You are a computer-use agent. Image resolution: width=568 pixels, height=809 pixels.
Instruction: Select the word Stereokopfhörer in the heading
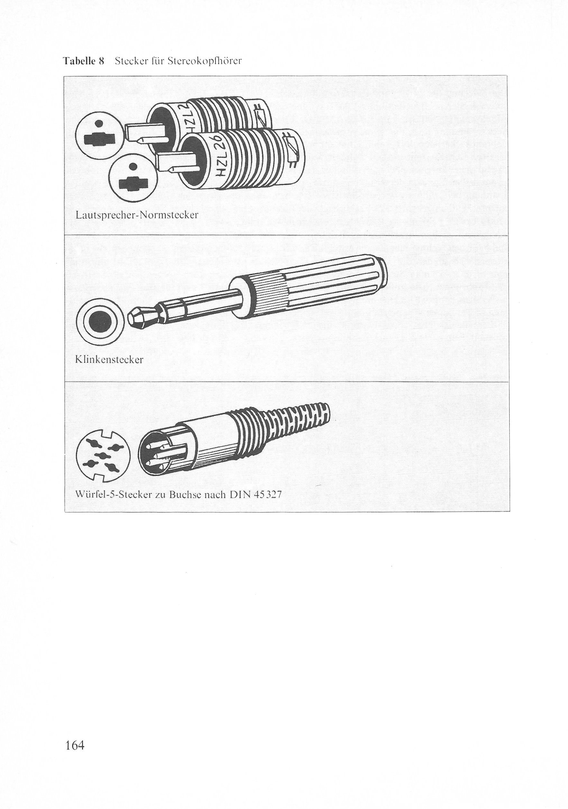[204, 61]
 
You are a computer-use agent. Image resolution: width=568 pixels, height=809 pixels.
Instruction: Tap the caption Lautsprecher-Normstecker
[137, 215]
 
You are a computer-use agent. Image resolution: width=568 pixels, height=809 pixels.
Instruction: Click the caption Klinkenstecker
[109, 360]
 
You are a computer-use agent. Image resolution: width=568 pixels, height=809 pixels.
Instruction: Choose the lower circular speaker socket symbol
[133, 180]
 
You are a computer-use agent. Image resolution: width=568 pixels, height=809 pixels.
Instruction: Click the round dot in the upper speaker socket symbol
[99, 123]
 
